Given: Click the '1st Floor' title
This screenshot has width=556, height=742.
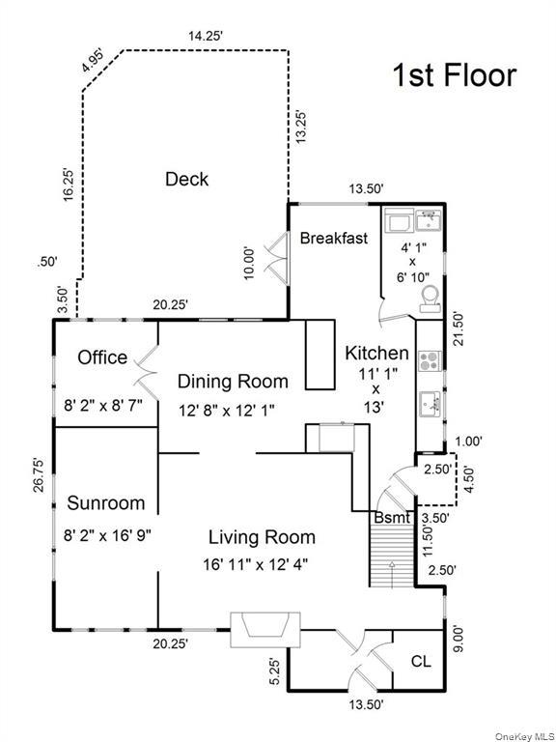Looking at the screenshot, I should pyautogui.click(x=453, y=74).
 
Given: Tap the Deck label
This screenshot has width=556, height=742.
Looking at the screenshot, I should pyautogui.click(x=186, y=179).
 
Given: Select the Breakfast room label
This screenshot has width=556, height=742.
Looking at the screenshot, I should pyautogui.click(x=333, y=238).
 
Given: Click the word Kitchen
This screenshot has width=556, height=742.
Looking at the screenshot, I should pyautogui.click(x=376, y=354).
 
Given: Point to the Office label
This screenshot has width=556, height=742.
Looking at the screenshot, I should pyautogui.click(x=102, y=357).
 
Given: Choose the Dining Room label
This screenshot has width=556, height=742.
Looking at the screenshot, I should pyautogui.click(x=233, y=381).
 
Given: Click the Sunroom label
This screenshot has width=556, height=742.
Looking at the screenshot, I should pyautogui.click(x=106, y=503).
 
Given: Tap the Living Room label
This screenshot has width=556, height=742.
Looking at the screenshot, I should pyautogui.click(x=263, y=538).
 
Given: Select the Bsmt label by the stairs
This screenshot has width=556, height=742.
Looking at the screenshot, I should pyautogui.click(x=392, y=518).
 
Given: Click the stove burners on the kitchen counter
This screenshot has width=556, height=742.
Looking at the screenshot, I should pyautogui.click(x=429, y=362).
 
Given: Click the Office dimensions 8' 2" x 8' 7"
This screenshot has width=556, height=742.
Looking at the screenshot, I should pyautogui.click(x=101, y=407).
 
